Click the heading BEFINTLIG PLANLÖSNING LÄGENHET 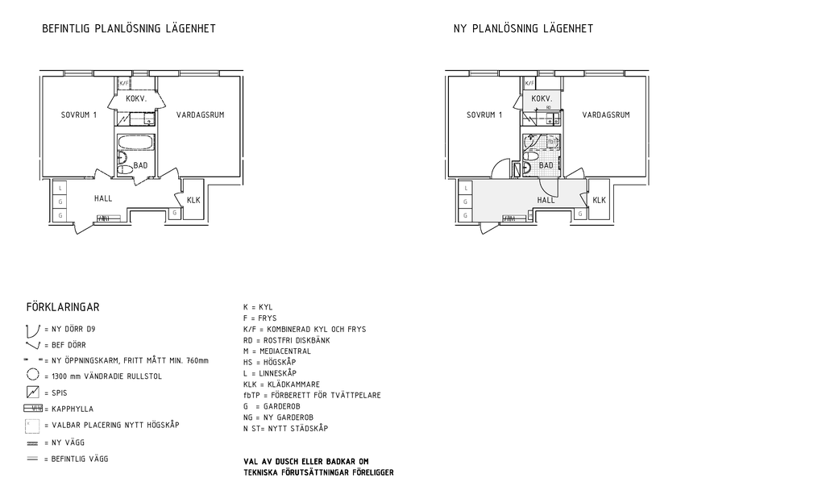pos(129,29)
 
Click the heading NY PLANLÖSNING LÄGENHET pos(523,29)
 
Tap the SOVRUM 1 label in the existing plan pos(79,115)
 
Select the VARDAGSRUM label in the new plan pos(606,115)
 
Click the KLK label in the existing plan pos(193,201)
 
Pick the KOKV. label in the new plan pos(542,98)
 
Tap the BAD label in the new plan pos(546,165)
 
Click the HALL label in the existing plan pos(102,198)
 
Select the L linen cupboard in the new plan pos(466,189)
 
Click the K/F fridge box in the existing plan pos(124,83)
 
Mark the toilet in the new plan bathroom pos(526,168)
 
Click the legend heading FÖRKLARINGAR pos(63,307)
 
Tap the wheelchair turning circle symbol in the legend pos(33,375)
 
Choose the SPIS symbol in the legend pos(33,393)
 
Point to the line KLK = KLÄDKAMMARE pos(281,384)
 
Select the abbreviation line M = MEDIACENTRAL pos(276,351)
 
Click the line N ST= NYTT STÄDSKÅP pos(285,429)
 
